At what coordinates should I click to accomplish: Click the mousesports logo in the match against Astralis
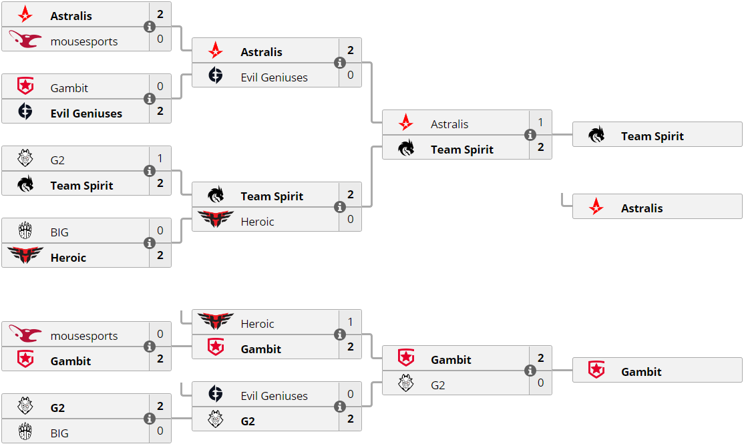pyautogui.click(x=25, y=41)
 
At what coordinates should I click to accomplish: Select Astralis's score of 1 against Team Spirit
pyautogui.click(x=540, y=123)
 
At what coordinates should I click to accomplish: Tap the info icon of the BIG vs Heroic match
pyautogui.click(x=150, y=243)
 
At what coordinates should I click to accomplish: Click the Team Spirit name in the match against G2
pyautogui.click(x=81, y=186)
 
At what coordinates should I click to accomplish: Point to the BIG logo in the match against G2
pyautogui.click(x=25, y=432)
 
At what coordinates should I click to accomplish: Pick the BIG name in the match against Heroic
pyautogui.click(x=59, y=232)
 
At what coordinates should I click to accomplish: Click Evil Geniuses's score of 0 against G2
pyautogui.click(x=350, y=395)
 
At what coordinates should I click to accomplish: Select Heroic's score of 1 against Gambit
pyautogui.click(x=350, y=322)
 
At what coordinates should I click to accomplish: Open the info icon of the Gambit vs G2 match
pyautogui.click(x=530, y=371)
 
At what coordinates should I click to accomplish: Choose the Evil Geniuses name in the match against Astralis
pyautogui.click(x=274, y=77)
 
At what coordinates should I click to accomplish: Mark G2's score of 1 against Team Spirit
pyautogui.click(x=160, y=159)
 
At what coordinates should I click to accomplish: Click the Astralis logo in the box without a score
pyautogui.click(x=596, y=208)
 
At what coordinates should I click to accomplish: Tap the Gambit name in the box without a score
pyautogui.click(x=641, y=372)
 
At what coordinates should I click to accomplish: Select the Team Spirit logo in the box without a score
pyautogui.click(x=596, y=136)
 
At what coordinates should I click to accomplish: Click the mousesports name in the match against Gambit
pyautogui.click(x=83, y=336)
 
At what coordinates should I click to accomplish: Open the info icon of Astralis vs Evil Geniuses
pyautogui.click(x=340, y=63)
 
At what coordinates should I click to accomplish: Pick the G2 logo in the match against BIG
pyautogui.click(x=25, y=407)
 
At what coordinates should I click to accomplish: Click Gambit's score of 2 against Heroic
pyautogui.click(x=350, y=348)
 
